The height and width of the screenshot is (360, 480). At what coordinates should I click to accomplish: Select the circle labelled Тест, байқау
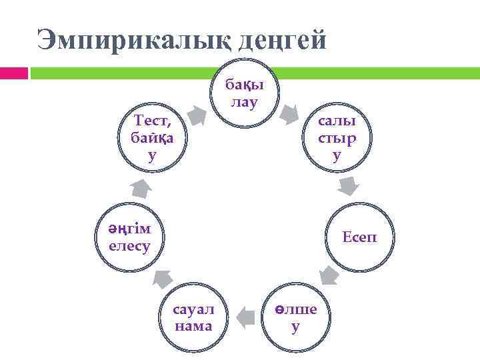point(153,139)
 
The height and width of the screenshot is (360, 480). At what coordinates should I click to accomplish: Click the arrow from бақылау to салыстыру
point(289,113)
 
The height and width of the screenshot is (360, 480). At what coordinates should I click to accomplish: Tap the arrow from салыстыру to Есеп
point(349,187)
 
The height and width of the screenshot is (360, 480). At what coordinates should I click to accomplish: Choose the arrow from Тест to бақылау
point(197,115)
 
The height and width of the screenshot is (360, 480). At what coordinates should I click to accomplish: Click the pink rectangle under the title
point(13,73)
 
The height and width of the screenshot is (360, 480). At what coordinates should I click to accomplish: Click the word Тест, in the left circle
point(153,122)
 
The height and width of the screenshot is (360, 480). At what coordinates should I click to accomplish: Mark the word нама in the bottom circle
point(193,327)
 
